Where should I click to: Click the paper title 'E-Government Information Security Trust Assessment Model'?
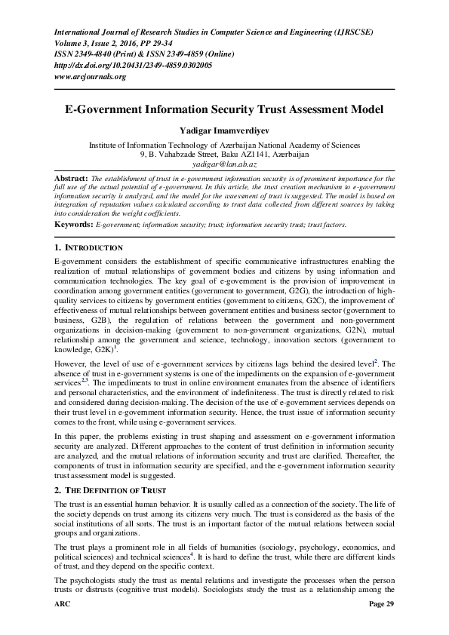[x=224, y=109]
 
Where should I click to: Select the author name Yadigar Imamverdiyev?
[x=224, y=130]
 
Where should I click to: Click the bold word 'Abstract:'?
[x=73, y=178]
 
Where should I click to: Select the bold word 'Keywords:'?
[x=74, y=225]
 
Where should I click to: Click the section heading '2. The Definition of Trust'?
[x=103, y=490]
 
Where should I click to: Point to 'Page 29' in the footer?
[x=380, y=626]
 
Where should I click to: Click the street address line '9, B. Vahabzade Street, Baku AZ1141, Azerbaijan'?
[x=224, y=153]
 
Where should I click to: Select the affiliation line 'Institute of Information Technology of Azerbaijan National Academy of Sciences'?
[x=224, y=143]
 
